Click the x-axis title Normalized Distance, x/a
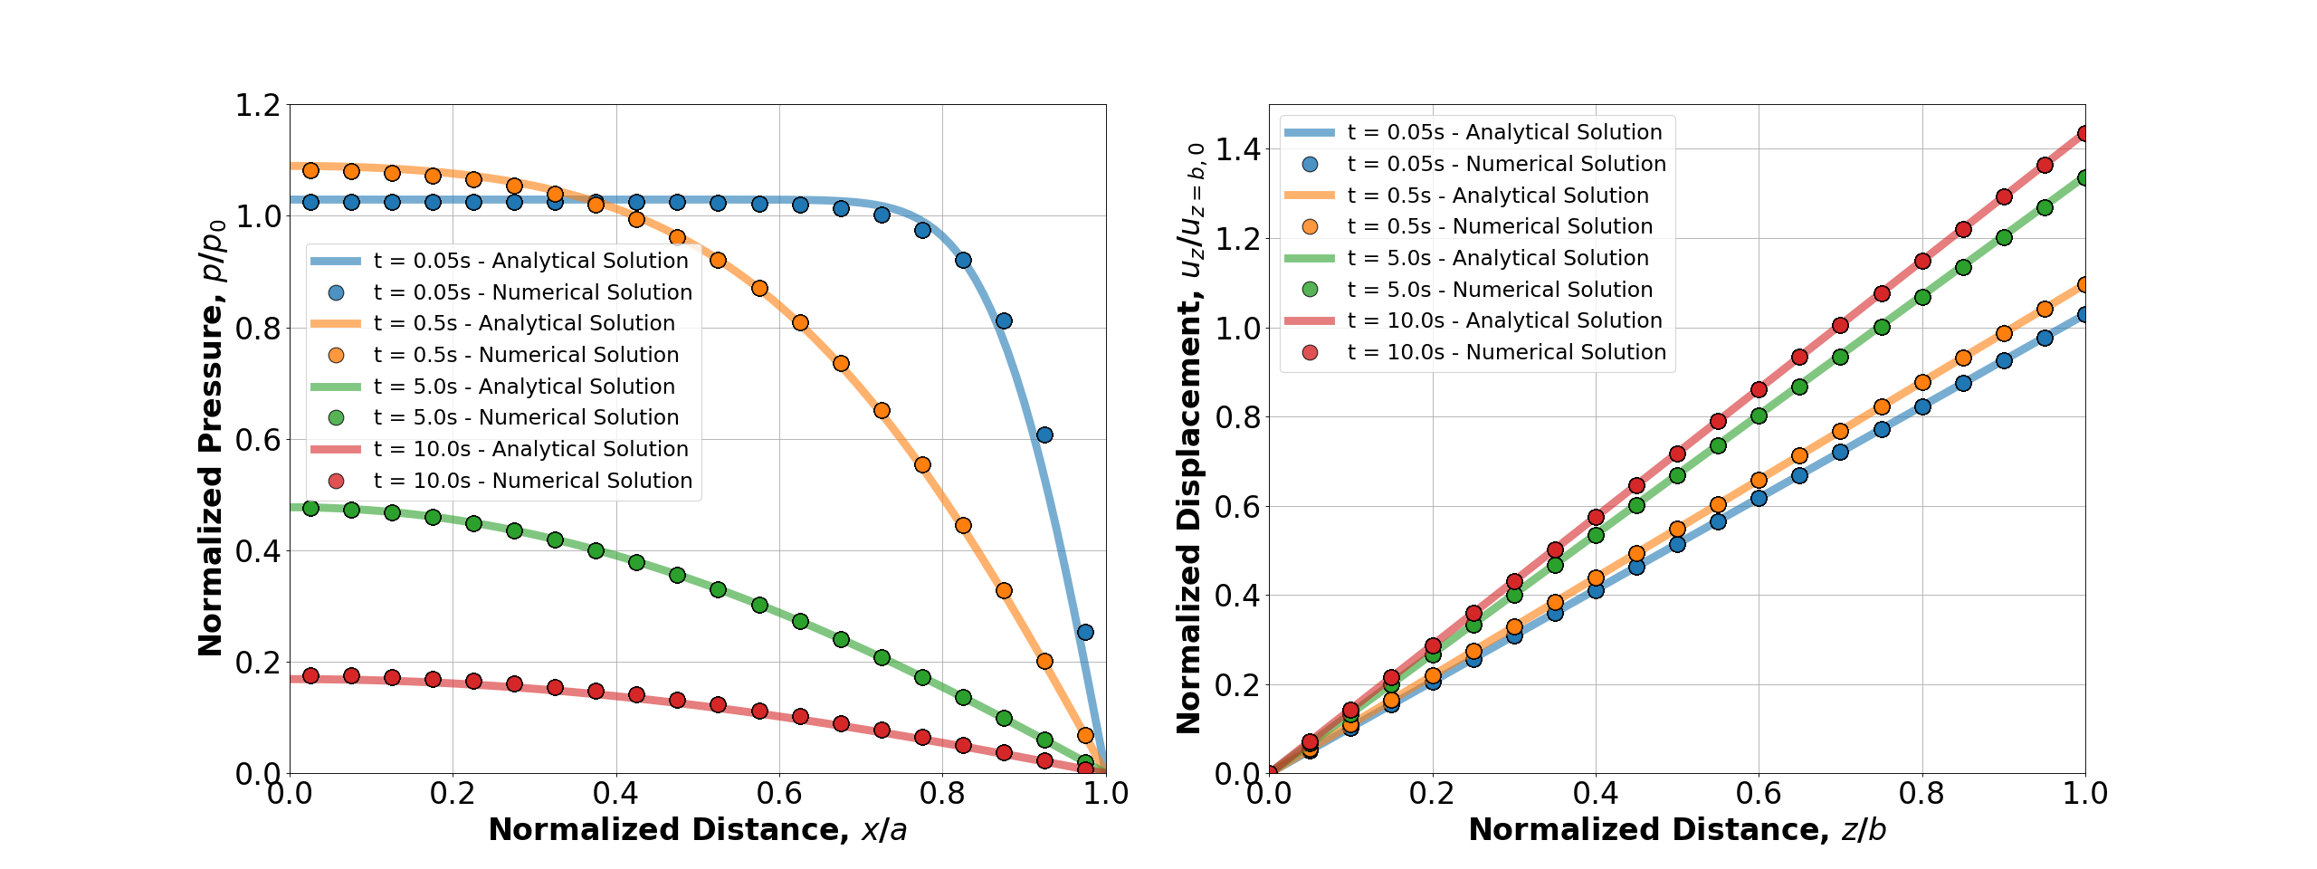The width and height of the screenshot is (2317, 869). coord(697,829)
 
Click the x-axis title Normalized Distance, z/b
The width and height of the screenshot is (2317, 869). coord(1677,829)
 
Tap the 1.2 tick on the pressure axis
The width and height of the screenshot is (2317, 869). coord(258,105)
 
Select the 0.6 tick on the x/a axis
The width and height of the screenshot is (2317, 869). coord(779,794)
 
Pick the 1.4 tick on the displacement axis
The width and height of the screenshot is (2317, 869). coord(1238,149)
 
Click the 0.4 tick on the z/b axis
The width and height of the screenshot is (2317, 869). coord(1596,794)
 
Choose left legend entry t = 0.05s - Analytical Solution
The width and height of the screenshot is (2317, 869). coord(530,261)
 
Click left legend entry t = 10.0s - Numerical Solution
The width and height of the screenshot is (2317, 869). coord(532,481)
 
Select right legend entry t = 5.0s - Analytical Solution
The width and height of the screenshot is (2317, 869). coord(1498,258)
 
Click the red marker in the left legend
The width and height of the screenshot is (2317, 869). coord(336,481)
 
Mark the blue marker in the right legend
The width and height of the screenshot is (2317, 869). coord(1310,164)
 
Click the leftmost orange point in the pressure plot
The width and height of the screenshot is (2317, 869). coord(310,170)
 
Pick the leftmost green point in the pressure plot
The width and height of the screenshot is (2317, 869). coord(310,508)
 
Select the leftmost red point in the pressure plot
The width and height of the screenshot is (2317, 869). coord(310,675)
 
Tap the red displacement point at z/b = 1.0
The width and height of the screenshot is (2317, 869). coord(2084,134)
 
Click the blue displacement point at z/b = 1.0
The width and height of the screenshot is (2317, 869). coord(2084,314)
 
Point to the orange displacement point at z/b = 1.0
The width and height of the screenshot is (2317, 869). coord(2084,284)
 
